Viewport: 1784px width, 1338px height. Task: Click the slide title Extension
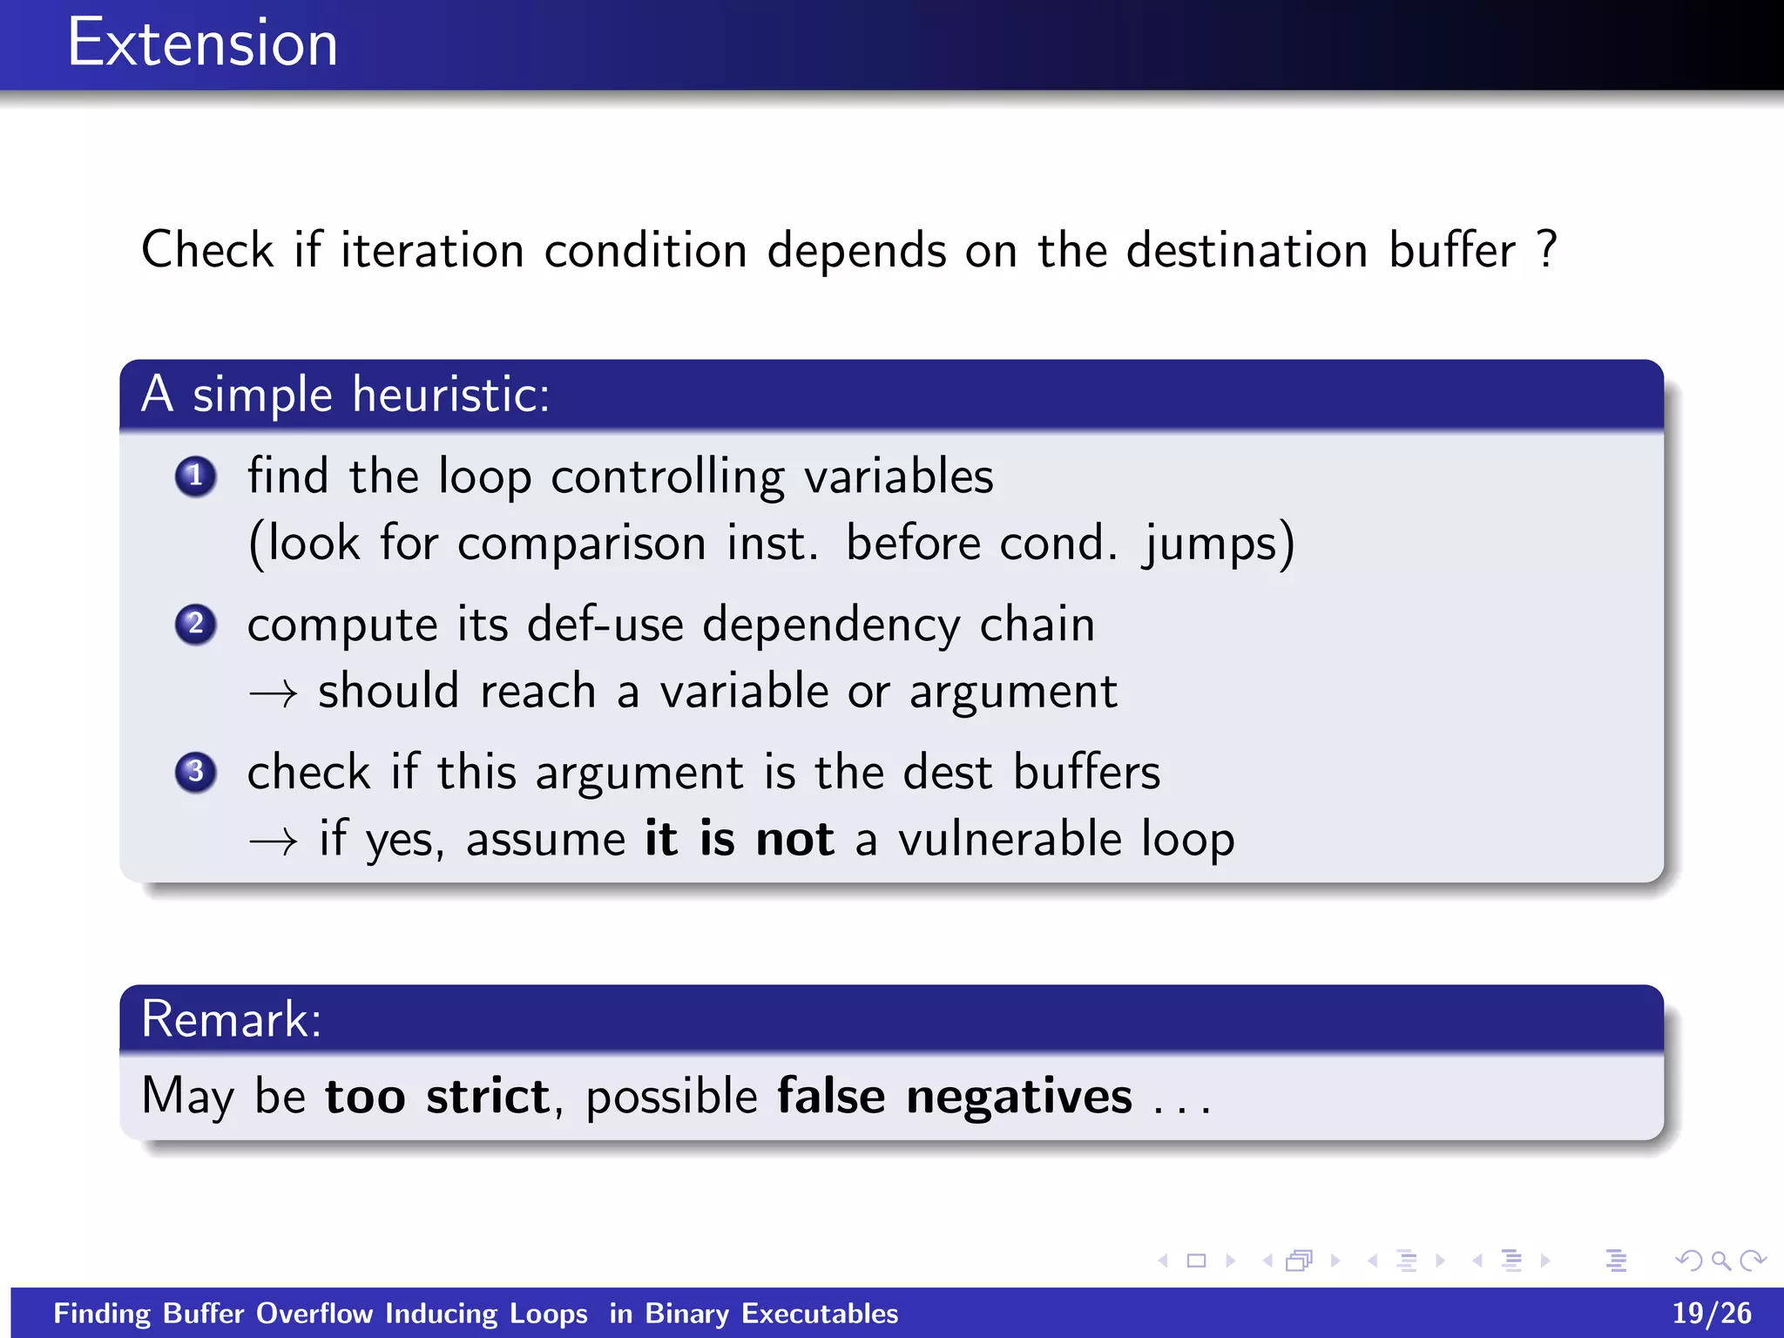tap(202, 44)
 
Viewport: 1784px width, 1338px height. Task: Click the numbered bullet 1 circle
tap(195, 476)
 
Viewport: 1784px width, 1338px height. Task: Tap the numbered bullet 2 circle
tap(195, 625)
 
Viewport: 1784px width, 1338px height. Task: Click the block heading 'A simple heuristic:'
tap(346, 395)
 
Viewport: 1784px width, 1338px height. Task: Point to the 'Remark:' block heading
tap(232, 1019)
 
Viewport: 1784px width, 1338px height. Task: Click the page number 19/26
tap(1711, 1313)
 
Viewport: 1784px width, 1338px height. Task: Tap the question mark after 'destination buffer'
tap(1547, 250)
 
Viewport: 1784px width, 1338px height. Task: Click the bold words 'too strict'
tap(437, 1096)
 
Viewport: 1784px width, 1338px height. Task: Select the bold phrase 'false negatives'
tap(955, 1096)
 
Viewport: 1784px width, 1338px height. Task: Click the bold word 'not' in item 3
tap(794, 840)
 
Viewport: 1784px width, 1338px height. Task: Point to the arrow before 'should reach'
tap(273, 694)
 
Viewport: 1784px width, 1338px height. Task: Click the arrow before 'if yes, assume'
tap(273, 841)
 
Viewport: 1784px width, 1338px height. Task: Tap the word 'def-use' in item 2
tap(605, 625)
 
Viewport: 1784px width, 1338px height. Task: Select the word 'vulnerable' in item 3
tap(1010, 840)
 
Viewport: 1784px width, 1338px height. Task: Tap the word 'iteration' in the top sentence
tap(432, 250)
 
